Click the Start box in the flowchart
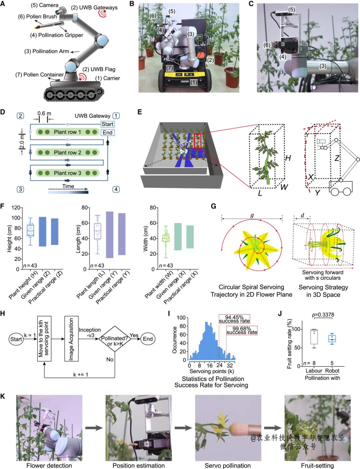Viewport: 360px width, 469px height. click(x=16, y=339)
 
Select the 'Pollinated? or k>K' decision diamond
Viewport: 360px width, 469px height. click(x=114, y=339)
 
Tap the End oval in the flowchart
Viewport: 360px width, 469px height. click(x=148, y=339)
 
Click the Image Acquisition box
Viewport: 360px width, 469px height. click(x=71, y=339)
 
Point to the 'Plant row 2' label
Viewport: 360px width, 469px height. click(x=67, y=152)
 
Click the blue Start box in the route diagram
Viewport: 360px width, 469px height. click(x=107, y=124)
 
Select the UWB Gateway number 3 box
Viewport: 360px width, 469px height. click(x=20, y=189)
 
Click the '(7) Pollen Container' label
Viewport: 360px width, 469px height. click(x=39, y=75)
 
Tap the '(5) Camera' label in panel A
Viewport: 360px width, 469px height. click(x=44, y=5)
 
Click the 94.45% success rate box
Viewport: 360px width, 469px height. click(x=234, y=319)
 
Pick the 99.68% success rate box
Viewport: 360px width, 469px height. click(x=242, y=330)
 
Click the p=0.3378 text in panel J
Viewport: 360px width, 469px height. click(x=323, y=315)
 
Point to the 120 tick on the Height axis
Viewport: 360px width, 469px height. click(x=15, y=208)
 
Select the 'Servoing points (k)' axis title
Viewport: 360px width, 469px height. click(x=212, y=371)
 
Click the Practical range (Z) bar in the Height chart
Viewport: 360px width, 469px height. click(x=55, y=232)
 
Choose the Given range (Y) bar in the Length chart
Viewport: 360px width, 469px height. click(x=110, y=235)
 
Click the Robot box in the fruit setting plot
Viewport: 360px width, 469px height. click(x=332, y=339)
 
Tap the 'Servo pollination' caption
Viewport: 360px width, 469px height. click(x=228, y=466)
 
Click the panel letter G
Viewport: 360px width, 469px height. click(x=214, y=206)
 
